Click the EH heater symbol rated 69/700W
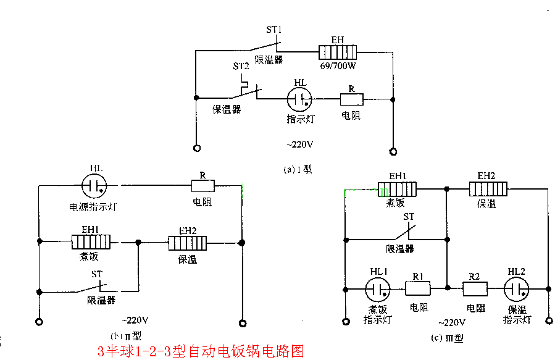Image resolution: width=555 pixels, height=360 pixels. (338, 52)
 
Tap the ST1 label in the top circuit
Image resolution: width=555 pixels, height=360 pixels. (273, 30)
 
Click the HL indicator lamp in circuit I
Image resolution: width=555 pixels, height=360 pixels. (299, 98)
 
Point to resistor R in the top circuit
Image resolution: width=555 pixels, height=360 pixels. (351, 98)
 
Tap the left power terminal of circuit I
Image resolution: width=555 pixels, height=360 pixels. (196, 149)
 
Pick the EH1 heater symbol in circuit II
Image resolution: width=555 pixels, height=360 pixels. (91, 241)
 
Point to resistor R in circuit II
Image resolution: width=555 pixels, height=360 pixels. (202, 185)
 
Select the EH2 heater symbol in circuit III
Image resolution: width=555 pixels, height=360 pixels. (488, 188)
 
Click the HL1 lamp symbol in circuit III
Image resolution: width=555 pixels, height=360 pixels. (377, 288)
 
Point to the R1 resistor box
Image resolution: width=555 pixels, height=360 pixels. (417, 288)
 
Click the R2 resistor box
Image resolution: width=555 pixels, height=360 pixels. (475, 288)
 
